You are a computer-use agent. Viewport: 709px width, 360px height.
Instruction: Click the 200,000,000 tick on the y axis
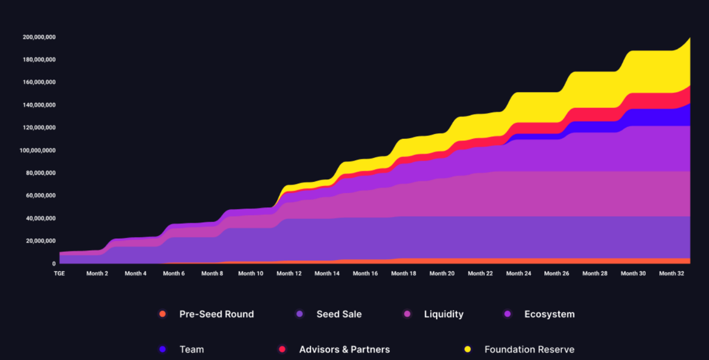pos(39,37)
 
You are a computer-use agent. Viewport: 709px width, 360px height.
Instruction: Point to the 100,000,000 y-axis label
pos(39,151)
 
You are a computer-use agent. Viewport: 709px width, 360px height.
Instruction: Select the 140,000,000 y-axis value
pos(39,105)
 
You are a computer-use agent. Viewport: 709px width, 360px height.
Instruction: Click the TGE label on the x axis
pos(60,274)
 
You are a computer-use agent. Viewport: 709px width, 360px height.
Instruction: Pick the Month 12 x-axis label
pos(289,274)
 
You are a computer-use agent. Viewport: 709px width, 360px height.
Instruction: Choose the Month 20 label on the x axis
pos(442,274)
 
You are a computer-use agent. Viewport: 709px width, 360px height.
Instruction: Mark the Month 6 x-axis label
pos(174,274)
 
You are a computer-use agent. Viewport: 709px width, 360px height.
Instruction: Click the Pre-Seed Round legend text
pos(216,314)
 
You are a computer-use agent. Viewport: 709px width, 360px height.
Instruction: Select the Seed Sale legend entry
pos(339,314)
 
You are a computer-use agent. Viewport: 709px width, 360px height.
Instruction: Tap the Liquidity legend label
pos(444,314)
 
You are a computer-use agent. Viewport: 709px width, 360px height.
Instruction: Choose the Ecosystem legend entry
pos(549,314)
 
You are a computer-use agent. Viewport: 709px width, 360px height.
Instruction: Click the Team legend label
pos(191,350)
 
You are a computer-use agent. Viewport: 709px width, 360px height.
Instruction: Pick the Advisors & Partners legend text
pos(344,350)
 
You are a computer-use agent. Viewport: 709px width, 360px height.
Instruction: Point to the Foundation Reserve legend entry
pos(529,350)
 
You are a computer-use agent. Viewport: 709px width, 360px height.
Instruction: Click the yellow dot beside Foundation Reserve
pos(467,349)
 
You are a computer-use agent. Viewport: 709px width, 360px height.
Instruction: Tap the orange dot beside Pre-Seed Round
pos(162,314)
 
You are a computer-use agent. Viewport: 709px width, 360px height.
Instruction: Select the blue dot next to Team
pos(162,349)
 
